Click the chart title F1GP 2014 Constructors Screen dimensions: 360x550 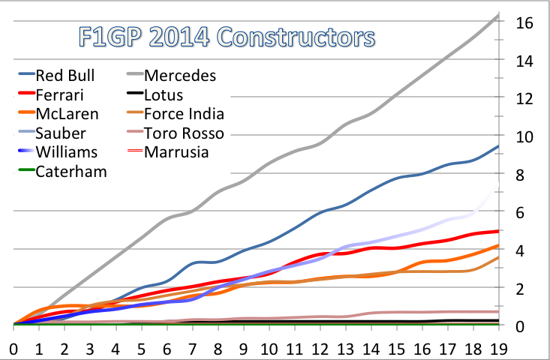(227, 37)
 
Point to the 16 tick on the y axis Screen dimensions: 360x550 (524, 23)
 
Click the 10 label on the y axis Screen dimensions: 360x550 (524, 137)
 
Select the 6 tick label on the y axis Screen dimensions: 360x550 (520, 213)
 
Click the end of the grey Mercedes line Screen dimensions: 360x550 (499, 14)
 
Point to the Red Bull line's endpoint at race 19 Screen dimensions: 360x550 (499, 146)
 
